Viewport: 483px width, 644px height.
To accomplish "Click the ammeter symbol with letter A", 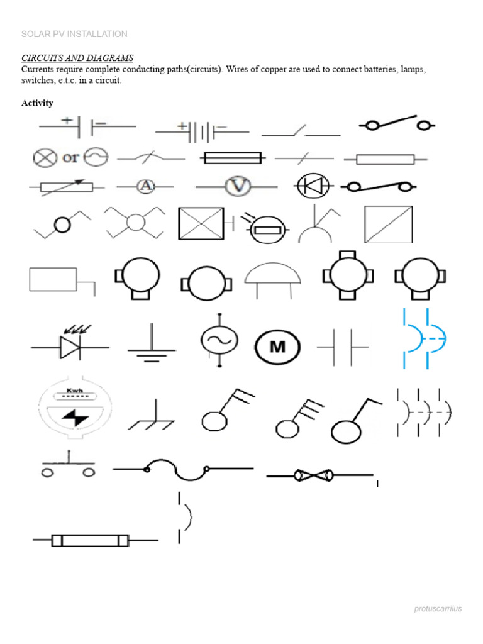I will pos(146,186).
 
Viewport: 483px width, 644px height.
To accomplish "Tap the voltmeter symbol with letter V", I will pos(238,186).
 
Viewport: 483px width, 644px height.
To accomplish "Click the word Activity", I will pos(37,103).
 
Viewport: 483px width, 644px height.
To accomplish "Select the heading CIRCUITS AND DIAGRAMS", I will pos(77,58).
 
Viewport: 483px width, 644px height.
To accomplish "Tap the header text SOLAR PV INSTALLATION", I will pos(74,34).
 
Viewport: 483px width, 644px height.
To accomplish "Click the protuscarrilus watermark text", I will pos(438,609).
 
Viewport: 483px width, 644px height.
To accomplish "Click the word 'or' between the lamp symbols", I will pos(71,157).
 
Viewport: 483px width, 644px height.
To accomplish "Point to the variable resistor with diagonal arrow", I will pos(65,186).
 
